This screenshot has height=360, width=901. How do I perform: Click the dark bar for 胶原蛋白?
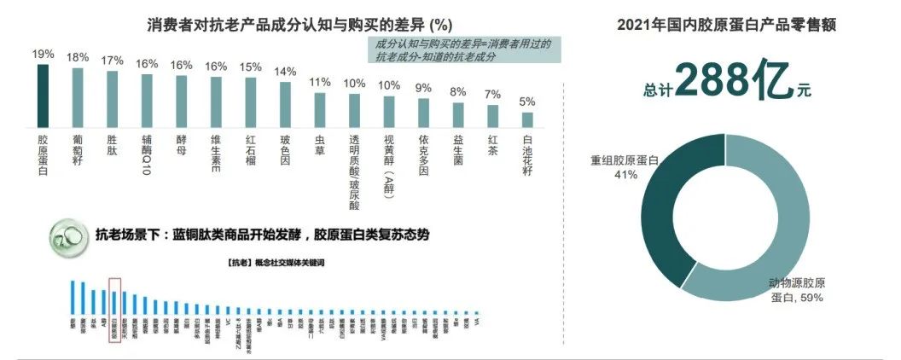tap(43, 95)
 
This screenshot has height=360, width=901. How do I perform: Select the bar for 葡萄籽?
tap(78, 96)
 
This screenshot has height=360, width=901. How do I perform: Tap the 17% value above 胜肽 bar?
tap(113, 61)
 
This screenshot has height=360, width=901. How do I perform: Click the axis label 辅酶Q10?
tap(148, 154)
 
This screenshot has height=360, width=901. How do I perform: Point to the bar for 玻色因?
tap(286, 103)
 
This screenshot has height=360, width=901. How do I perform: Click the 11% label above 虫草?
tap(320, 82)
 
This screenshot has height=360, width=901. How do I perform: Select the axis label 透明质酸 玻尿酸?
tap(355, 171)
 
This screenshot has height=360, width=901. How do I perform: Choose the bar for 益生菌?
tap(458, 114)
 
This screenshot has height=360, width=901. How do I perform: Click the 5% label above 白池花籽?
tap(528, 102)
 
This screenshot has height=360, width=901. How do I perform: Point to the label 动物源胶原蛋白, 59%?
tap(797, 290)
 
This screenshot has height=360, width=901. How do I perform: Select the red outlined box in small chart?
tap(115, 303)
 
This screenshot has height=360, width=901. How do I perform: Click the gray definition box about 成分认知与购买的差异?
tap(464, 49)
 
